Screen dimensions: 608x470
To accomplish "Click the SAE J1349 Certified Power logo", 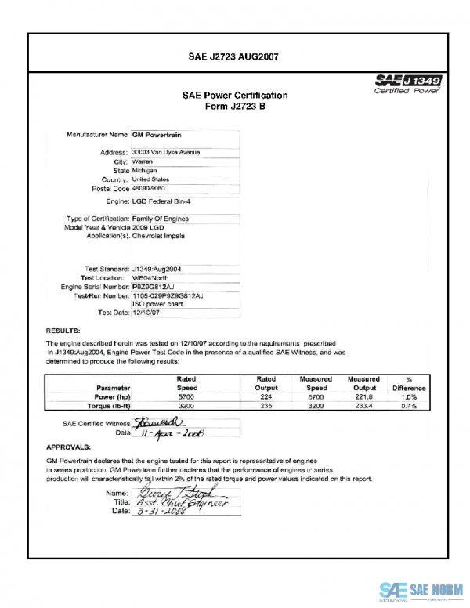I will [408, 84].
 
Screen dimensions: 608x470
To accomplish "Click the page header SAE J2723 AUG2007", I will [235, 57].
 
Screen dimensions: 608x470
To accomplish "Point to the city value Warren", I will [143, 161].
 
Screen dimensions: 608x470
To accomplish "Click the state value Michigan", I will [146, 170].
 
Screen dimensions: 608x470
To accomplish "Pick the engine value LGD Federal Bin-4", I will [165, 201].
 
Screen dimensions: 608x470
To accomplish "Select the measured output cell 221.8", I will [363, 397].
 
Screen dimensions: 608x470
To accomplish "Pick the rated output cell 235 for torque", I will [266, 407].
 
